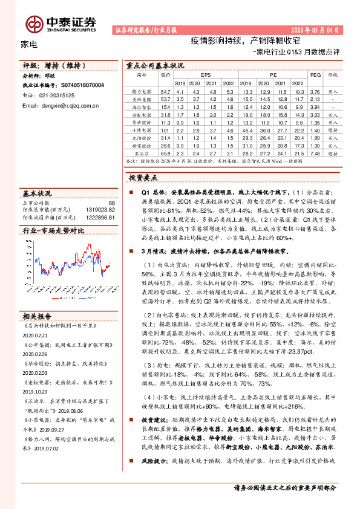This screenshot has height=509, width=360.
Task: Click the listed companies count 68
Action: click(111, 203)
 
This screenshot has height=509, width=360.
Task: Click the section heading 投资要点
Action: click(143, 178)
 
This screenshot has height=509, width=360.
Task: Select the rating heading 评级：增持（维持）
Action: click(57, 65)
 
